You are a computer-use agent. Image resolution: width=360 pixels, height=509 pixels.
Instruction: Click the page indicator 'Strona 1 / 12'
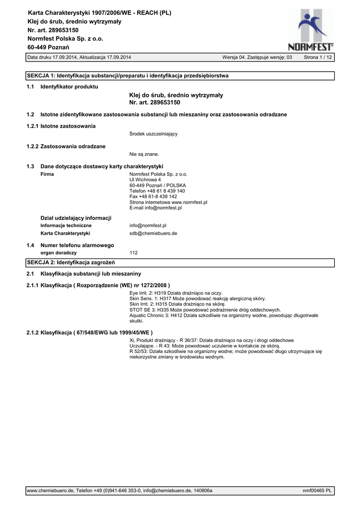click(318, 58)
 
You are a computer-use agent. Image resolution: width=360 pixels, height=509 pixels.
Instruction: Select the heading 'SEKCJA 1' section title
click(127, 76)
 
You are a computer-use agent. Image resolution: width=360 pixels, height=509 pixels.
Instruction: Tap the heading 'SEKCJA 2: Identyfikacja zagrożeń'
click(71, 262)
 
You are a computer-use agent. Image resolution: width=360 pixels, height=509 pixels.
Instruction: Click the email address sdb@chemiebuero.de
click(153, 233)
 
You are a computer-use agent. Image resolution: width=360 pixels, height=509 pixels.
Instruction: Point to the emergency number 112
click(133, 253)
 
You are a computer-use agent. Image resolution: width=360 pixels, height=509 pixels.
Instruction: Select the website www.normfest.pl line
click(168, 202)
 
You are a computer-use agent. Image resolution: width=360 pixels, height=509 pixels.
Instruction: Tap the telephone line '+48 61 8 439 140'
click(157, 191)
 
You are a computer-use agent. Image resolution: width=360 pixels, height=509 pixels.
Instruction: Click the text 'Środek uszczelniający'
click(153, 134)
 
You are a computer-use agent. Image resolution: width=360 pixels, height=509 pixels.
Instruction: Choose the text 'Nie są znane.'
click(144, 154)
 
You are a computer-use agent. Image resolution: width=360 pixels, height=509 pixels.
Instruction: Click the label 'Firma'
click(47, 174)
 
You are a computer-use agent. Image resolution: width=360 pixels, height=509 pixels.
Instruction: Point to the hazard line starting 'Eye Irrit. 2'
click(176, 293)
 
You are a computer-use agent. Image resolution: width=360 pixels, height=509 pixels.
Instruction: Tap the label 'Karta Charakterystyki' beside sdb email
click(65, 233)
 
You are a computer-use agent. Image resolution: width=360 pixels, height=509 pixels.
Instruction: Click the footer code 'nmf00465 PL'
click(317, 491)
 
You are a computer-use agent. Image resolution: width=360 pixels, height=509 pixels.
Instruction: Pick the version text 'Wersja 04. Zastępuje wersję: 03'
click(257, 58)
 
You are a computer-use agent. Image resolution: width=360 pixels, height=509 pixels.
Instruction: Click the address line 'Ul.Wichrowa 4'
click(145, 179)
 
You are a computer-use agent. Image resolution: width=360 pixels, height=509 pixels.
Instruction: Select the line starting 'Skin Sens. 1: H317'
click(197, 299)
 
